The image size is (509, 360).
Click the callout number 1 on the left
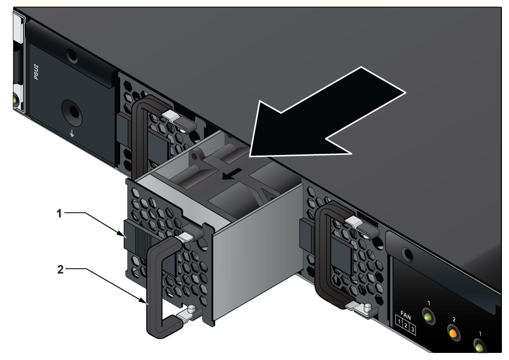[x=59, y=214]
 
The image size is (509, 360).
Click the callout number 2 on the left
[x=60, y=269]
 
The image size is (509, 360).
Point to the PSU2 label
[x=37, y=72]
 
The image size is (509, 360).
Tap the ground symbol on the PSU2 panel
[x=72, y=133]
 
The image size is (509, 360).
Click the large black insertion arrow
[x=325, y=117]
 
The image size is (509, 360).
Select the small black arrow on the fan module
[x=232, y=174]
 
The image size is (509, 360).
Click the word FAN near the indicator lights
[x=406, y=315]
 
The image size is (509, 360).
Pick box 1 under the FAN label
[x=399, y=322]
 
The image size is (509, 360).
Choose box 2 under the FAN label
[x=405, y=326]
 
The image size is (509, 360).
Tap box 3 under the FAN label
[x=412, y=330]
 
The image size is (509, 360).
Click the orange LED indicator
[x=454, y=333]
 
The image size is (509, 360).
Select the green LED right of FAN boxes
[x=428, y=316]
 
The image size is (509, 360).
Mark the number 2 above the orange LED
[x=454, y=320]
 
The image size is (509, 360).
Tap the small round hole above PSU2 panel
[x=72, y=56]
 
